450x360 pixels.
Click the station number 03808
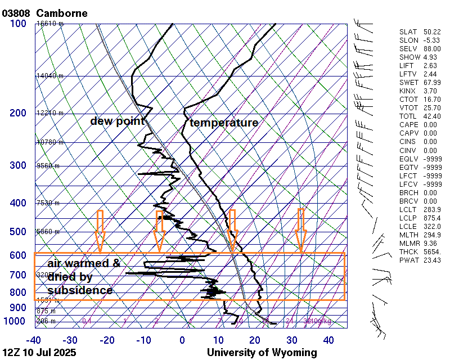point(16,13)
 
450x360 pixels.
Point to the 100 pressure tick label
point(17,24)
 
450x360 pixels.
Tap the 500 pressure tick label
point(17,232)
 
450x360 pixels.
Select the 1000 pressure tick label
point(15,321)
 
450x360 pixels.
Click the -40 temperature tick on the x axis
point(33,340)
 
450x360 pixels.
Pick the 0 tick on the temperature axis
point(182,340)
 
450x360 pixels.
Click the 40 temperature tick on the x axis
point(328,340)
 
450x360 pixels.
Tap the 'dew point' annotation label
point(118,121)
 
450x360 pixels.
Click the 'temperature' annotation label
point(224,123)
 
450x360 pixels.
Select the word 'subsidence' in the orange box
point(80,290)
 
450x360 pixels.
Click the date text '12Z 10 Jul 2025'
point(39,353)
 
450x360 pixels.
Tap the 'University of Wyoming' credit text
point(262,353)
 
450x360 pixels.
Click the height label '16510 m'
point(50,24)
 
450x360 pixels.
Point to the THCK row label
point(408,251)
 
